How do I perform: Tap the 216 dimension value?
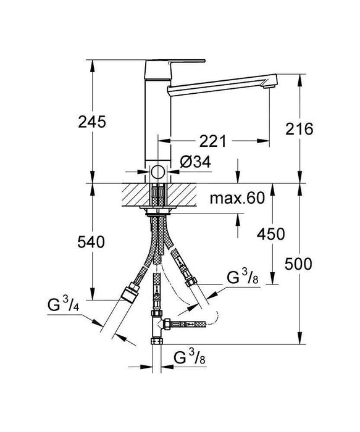click(x=301, y=129)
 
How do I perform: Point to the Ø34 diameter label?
click(x=196, y=164)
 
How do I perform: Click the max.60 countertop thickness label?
click(x=237, y=198)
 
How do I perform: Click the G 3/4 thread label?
click(x=64, y=305)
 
